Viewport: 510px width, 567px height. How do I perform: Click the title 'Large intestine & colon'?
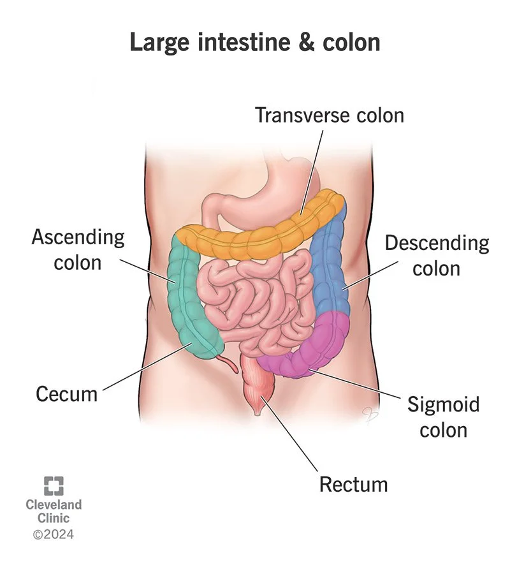[x=255, y=41]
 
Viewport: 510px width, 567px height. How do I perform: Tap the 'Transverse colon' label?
[x=330, y=115]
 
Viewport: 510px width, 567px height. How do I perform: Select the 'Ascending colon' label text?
[x=78, y=250]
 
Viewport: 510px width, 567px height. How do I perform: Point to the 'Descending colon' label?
[x=437, y=255]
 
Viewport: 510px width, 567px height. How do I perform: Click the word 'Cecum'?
[x=67, y=394]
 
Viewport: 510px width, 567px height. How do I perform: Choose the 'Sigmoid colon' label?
[x=443, y=416]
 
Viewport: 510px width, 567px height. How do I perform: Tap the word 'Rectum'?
[x=353, y=484]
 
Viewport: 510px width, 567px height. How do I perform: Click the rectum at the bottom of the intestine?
[x=258, y=389]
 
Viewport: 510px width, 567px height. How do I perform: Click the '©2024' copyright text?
[x=54, y=534]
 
